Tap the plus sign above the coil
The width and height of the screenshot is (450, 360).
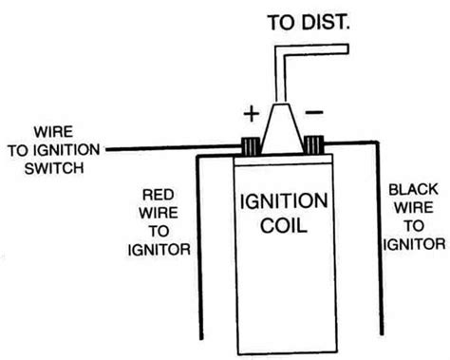[251, 115]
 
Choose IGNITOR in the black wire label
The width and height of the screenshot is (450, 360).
[414, 243]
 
